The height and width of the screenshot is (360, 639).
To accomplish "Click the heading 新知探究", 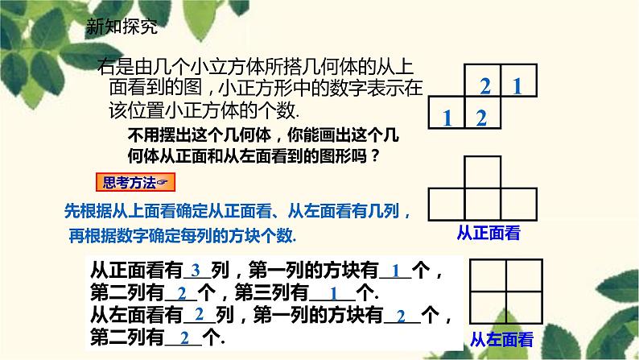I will pos(122,27).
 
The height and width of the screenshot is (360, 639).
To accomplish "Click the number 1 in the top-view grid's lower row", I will pos(447,118).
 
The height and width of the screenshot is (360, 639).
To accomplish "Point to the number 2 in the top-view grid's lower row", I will pos(481,118).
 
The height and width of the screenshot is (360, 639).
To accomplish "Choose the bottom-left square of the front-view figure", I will pos(447,202).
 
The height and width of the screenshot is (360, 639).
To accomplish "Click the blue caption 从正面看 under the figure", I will pos(488,234).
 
